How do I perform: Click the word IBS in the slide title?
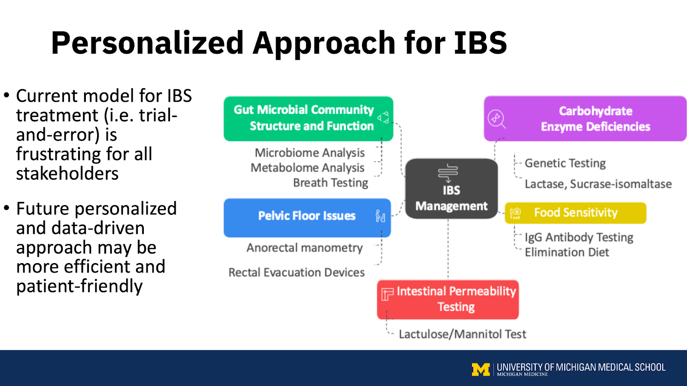[x=480, y=43]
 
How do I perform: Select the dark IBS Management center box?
[x=451, y=189]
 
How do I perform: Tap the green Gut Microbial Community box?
[x=308, y=118]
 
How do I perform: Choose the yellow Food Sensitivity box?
[x=575, y=213]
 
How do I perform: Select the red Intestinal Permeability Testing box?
[x=448, y=299]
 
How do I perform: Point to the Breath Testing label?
[x=331, y=183]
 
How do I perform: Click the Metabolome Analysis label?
[x=307, y=168]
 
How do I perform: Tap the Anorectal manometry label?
[x=304, y=248]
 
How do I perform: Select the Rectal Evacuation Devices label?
[x=296, y=273]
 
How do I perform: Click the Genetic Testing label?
[x=565, y=163]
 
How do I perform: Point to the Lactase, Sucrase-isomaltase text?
[x=598, y=184]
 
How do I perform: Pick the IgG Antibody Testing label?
[x=579, y=237]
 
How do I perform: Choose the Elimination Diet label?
[x=567, y=252]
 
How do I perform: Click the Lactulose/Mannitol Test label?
[x=462, y=334]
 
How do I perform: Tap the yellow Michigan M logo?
[x=480, y=369]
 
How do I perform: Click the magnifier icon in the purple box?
[x=496, y=119]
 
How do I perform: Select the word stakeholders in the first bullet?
[x=67, y=174]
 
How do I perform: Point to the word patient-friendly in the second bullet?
[x=79, y=286]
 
